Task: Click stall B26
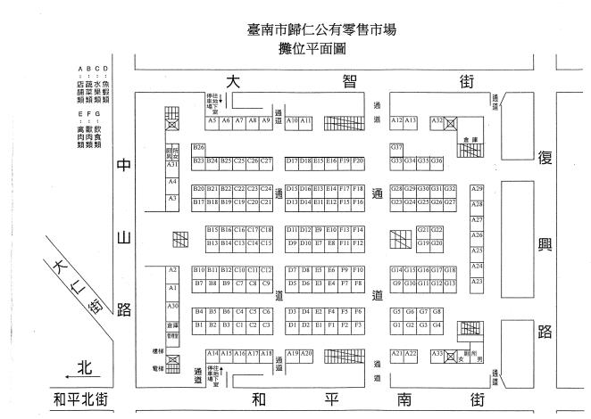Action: [198, 147]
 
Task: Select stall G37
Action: [396, 147]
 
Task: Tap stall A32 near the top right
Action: [437, 119]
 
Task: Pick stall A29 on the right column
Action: [477, 189]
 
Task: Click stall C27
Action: [265, 161]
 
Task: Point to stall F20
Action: [358, 161]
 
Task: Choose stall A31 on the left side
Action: [172, 165]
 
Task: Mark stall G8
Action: [437, 312]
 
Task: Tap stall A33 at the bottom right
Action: [437, 354]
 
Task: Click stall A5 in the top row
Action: [212, 119]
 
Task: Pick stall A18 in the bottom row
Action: [266, 354]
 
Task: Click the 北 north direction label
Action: [85, 366]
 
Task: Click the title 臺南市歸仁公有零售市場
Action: [322, 30]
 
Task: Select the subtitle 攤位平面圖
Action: [322, 49]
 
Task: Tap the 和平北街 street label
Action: [80, 399]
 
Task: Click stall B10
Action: [198, 270]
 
